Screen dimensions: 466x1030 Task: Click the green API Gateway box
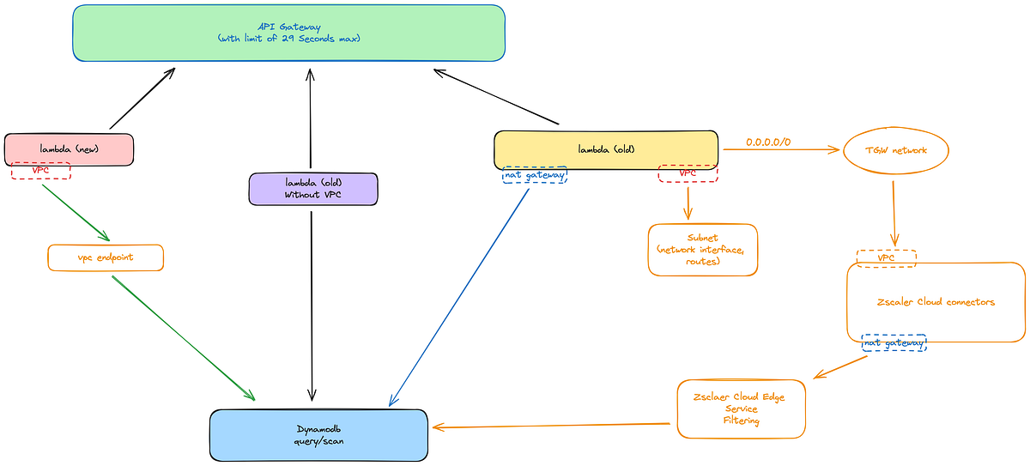(288, 33)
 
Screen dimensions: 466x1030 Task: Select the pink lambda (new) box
(70, 149)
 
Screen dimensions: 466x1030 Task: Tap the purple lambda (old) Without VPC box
(313, 189)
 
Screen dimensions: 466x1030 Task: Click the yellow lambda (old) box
(605, 149)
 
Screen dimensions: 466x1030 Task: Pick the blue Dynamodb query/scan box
(318, 434)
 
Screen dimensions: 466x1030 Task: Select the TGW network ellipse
(897, 150)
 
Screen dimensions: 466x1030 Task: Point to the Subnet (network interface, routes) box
(703, 250)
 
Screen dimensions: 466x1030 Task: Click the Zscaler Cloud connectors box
(936, 302)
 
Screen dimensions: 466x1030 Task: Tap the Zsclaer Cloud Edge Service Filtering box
(741, 409)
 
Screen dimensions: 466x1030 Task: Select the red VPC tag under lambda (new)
(40, 171)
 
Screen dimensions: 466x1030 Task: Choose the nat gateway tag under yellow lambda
(535, 175)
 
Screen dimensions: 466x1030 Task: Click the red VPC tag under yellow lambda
(688, 173)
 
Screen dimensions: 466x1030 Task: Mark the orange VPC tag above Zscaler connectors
(886, 257)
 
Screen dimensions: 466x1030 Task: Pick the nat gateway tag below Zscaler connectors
(894, 343)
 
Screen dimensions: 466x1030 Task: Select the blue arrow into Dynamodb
(460, 296)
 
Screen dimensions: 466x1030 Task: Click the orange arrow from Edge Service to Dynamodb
(549, 425)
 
